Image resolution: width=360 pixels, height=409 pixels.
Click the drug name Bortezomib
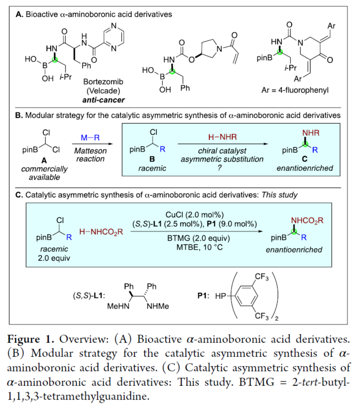(103, 82)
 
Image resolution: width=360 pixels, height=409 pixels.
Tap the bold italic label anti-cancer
(103, 100)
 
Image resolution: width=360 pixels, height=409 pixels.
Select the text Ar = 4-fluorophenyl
(295, 90)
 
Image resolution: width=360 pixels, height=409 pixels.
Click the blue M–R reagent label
(90, 138)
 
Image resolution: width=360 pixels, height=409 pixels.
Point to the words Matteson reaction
(90, 155)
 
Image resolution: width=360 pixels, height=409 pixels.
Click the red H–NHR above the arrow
(222, 137)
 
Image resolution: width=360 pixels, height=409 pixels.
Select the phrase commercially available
(44, 173)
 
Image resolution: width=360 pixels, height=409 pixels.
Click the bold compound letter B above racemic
(152, 159)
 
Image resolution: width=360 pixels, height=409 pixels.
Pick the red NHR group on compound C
(311, 133)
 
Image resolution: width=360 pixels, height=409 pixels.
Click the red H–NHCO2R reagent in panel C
(101, 232)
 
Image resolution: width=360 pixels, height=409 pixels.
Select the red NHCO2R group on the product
(307, 221)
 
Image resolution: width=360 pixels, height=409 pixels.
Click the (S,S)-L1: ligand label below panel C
(89, 296)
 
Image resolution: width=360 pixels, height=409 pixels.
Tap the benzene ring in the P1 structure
(246, 296)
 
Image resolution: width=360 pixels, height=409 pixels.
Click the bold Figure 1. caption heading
(31, 339)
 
